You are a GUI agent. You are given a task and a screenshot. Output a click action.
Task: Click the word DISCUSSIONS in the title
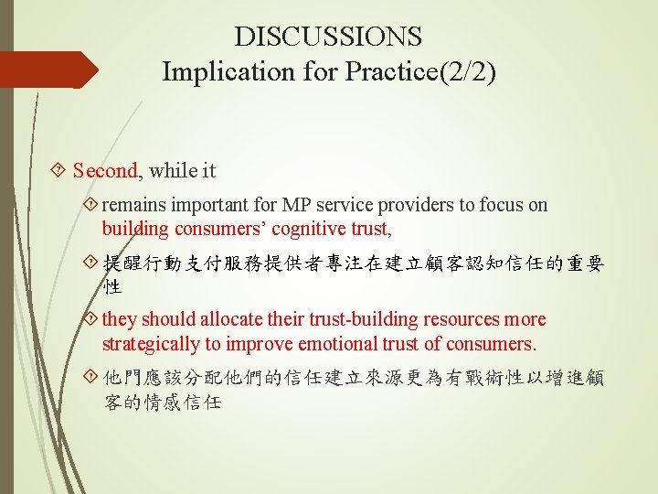click(x=328, y=37)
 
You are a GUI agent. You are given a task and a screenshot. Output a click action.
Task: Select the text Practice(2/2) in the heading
click(x=421, y=71)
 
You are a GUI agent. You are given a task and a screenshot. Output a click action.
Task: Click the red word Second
click(x=105, y=170)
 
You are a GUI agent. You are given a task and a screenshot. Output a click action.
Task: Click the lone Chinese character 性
click(x=112, y=287)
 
